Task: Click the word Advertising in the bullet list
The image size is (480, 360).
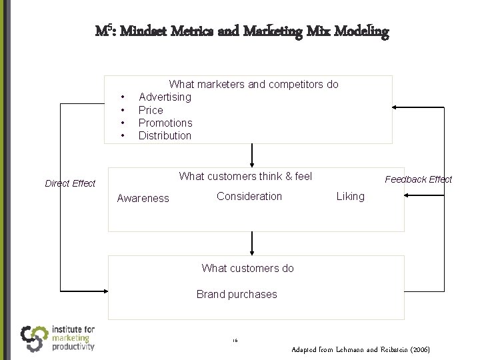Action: [165, 97]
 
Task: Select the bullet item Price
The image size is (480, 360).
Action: [151, 110]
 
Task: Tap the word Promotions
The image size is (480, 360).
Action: [165, 123]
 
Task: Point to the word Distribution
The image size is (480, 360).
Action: [165, 135]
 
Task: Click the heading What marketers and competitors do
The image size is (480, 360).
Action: [253, 85]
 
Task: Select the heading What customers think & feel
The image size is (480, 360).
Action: [245, 177]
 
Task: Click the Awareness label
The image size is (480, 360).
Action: [143, 198]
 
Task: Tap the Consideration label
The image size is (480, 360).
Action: [249, 196]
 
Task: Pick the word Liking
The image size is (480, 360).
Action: [351, 196]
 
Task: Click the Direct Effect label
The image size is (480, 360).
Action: [70, 183]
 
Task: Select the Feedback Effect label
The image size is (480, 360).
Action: [418, 179]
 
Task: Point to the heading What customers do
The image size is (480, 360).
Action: [247, 268]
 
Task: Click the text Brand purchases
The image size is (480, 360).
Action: [237, 294]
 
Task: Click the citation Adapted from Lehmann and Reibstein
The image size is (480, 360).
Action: [361, 349]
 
